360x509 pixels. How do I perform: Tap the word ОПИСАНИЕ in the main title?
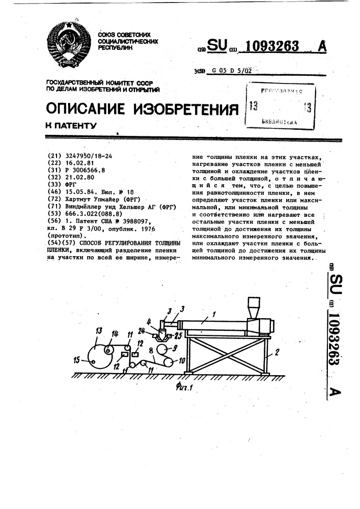[86, 108]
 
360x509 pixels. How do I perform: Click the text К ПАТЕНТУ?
[71, 125]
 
